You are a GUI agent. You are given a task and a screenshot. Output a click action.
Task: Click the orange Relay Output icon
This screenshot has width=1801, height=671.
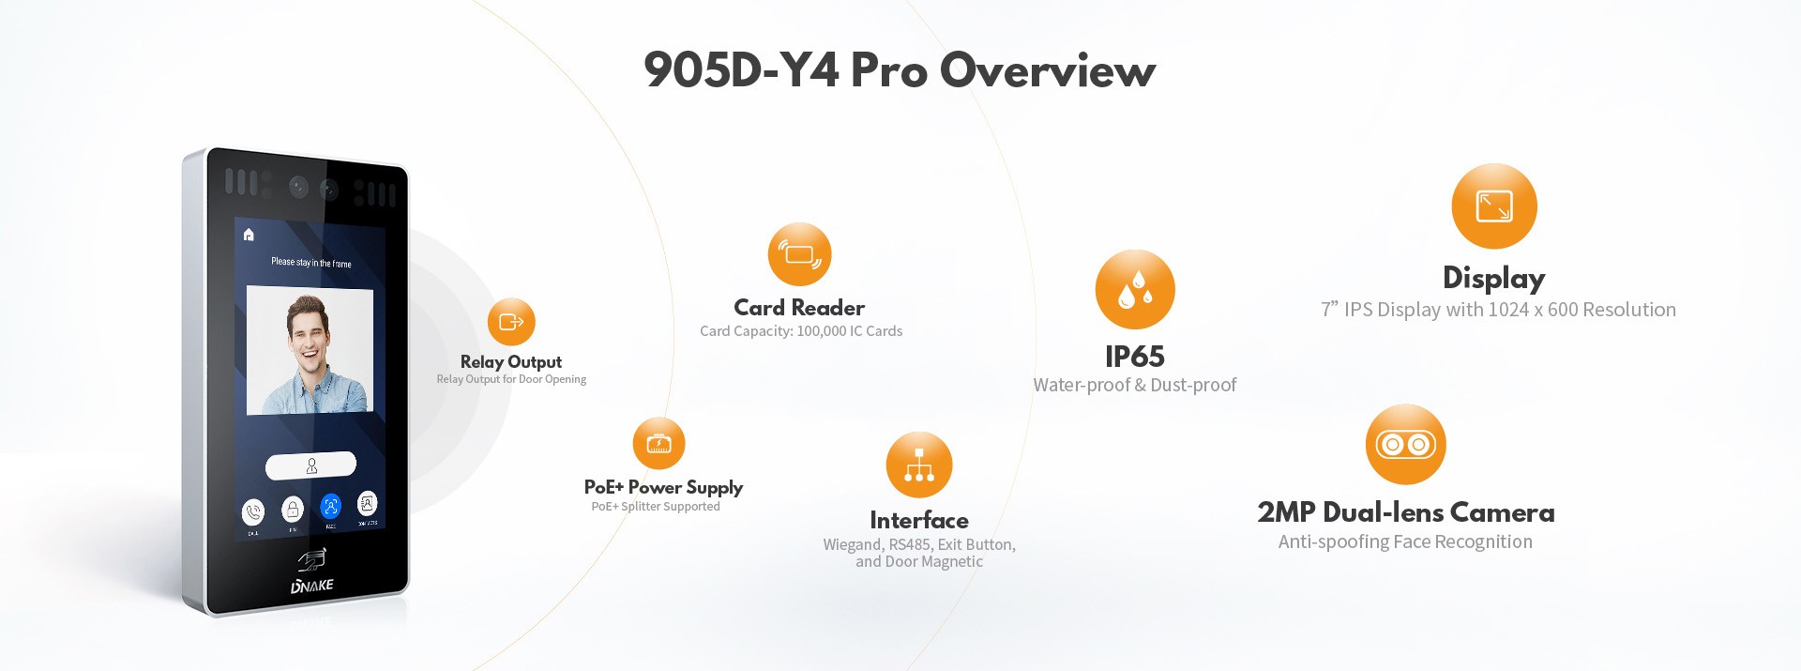click(x=511, y=322)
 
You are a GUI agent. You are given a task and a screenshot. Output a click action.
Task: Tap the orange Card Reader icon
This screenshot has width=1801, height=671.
click(x=799, y=254)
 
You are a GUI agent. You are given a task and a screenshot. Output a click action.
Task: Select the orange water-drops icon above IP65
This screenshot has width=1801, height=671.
click(x=1135, y=289)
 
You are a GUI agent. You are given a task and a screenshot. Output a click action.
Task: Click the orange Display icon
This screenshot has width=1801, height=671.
click(x=1493, y=206)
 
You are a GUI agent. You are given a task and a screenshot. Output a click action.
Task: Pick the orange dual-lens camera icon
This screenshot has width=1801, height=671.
click(x=1405, y=445)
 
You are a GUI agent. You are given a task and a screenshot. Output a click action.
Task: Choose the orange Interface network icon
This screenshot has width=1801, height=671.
click(x=919, y=465)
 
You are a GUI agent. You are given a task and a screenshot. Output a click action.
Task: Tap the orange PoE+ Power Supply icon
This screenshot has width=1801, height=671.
click(x=658, y=443)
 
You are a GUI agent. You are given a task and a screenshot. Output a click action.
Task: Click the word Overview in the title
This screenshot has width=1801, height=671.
click(x=1048, y=70)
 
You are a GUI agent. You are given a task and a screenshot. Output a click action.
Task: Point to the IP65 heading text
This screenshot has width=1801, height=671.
click(x=1134, y=357)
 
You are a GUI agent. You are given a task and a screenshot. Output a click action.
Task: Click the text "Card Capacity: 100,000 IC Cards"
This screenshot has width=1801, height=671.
click(x=801, y=331)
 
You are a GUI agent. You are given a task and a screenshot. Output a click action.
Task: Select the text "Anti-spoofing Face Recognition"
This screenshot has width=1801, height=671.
click(x=1405, y=541)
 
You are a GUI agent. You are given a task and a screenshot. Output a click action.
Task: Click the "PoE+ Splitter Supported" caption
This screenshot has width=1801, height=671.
click(x=656, y=507)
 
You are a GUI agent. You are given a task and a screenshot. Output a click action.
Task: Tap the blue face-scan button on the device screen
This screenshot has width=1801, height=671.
click(x=330, y=507)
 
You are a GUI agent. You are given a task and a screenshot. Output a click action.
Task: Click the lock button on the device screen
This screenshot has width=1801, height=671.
click(x=293, y=510)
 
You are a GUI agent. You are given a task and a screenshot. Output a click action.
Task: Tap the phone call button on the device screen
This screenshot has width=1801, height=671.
click(x=253, y=512)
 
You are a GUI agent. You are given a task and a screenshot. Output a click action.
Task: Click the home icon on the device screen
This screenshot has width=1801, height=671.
click(x=249, y=235)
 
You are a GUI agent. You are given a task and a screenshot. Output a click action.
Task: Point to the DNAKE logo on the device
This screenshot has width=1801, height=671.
click(x=312, y=586)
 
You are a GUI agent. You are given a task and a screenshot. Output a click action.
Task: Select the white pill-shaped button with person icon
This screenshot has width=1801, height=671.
click(x=310, y=465)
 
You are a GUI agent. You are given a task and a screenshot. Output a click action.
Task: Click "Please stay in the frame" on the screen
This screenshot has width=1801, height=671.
click(x=311, y=263)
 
